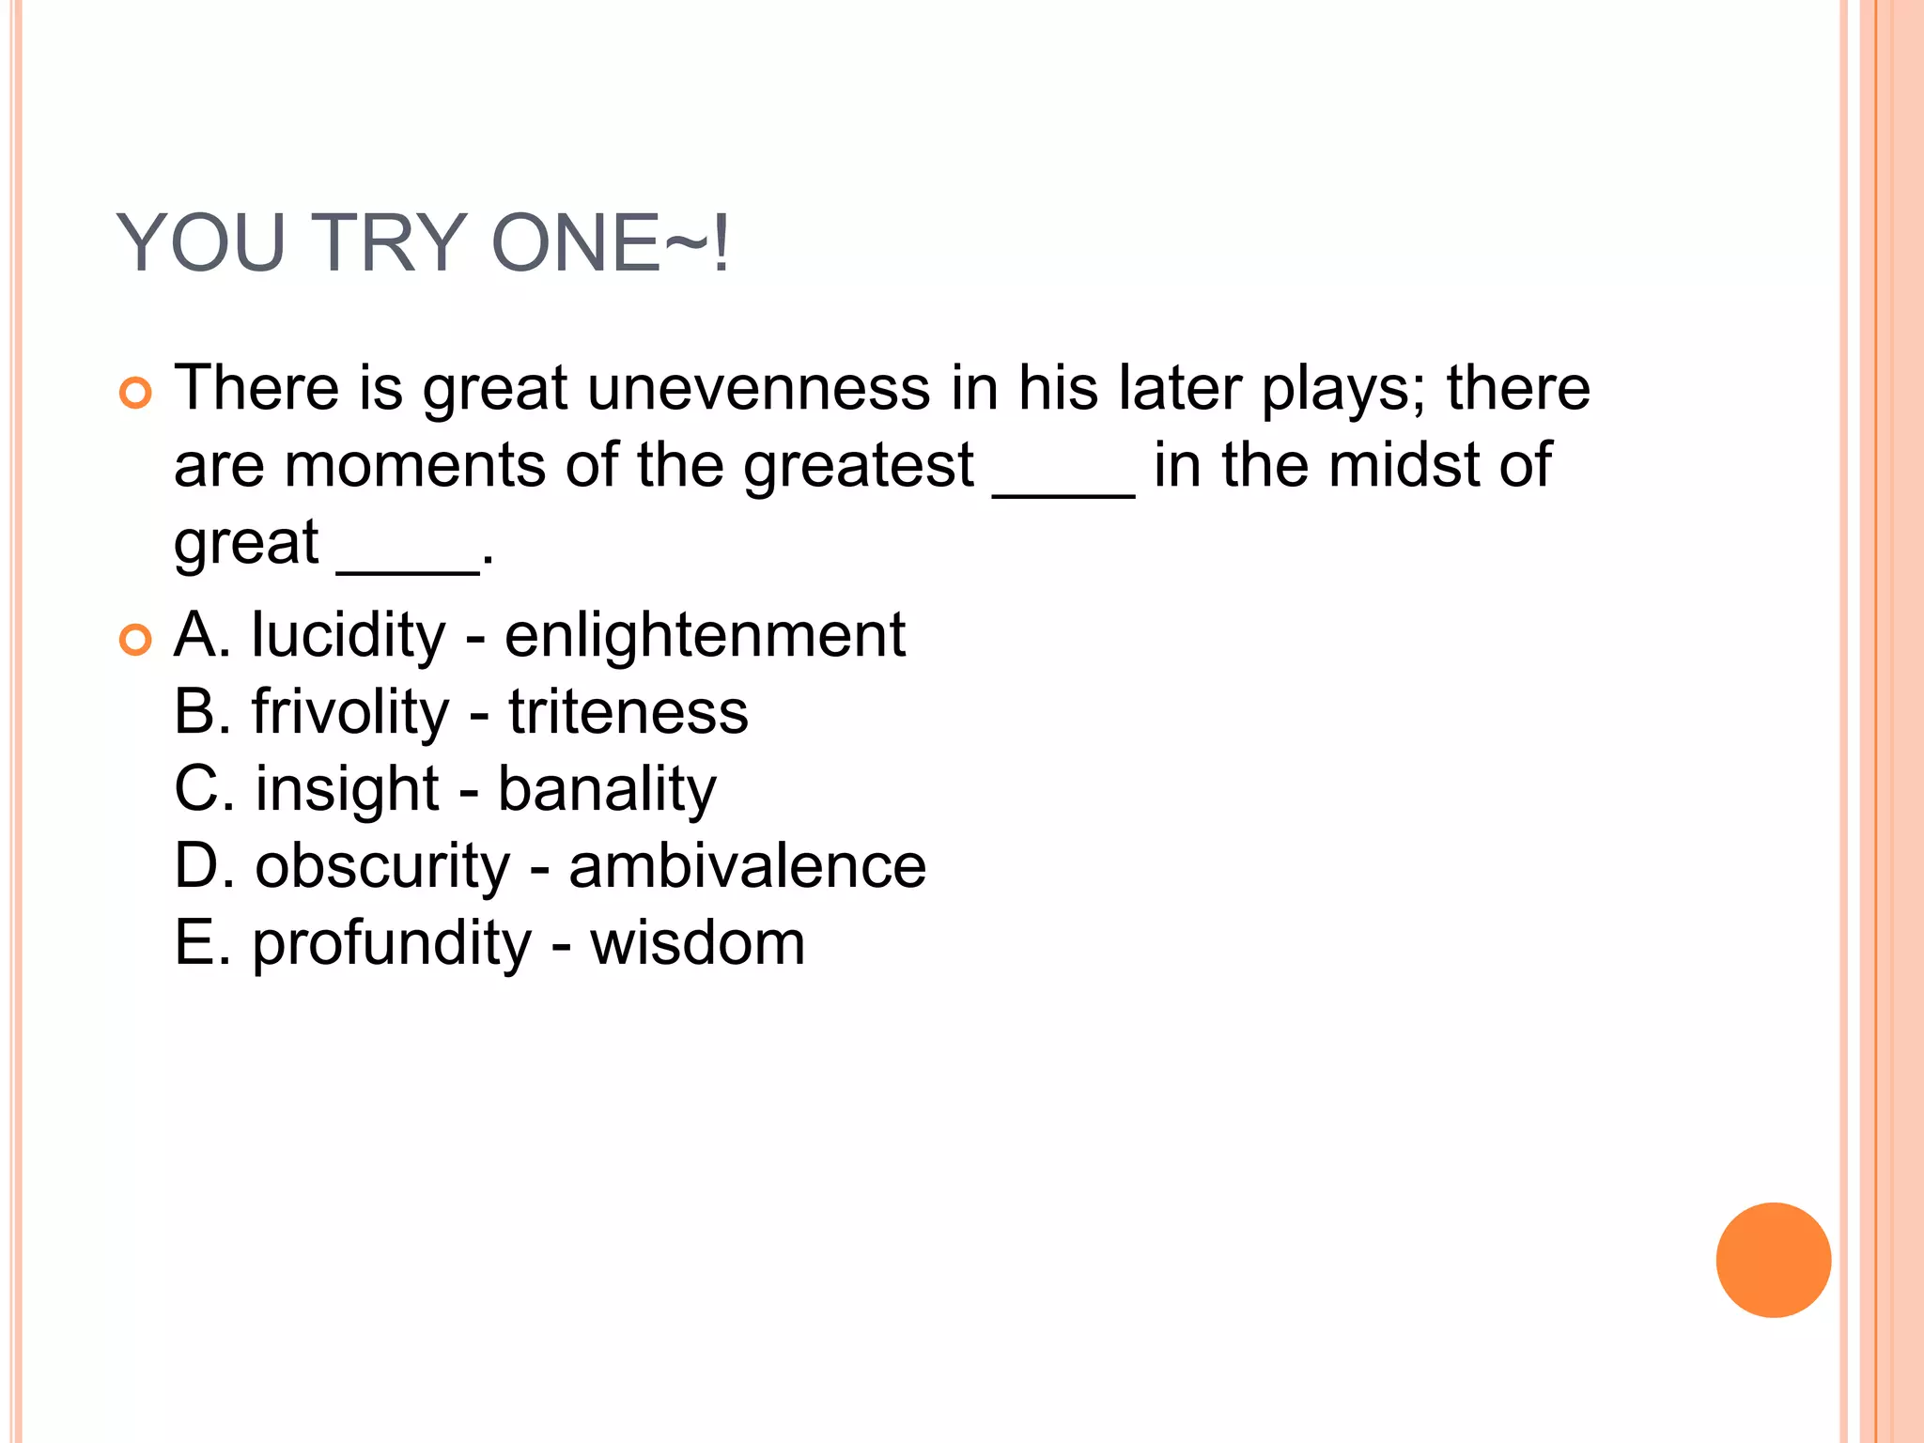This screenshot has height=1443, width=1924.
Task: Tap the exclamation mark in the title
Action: click(x=721, y=243)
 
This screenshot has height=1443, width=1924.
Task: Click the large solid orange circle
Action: click(x=1773, y=1260)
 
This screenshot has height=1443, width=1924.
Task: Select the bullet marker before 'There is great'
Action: click(x=135, y=393)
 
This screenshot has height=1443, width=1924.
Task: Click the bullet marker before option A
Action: click(x=135, y=640)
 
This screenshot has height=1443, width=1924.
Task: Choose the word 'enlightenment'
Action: click(x=705, y=635)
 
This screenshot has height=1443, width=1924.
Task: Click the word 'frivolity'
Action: click(x=350, y=713)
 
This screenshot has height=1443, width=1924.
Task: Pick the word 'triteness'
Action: click(x=628, y=712)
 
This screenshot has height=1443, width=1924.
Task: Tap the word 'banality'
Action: click(x=607, y=790)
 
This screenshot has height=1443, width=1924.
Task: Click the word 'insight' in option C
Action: click(x=347, y=790)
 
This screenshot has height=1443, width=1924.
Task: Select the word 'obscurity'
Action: click(x=382, y=867)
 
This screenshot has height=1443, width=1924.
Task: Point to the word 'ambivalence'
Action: click(x=747, y=866)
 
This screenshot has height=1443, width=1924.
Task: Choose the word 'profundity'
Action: click(x=391, y=944)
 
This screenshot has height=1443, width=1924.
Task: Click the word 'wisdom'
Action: click(x=697, y=943)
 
